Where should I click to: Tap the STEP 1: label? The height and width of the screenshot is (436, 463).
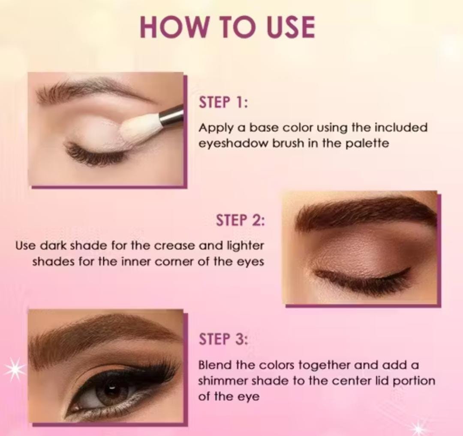[223, 103]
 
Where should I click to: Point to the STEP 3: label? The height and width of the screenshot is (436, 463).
[223, 339]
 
